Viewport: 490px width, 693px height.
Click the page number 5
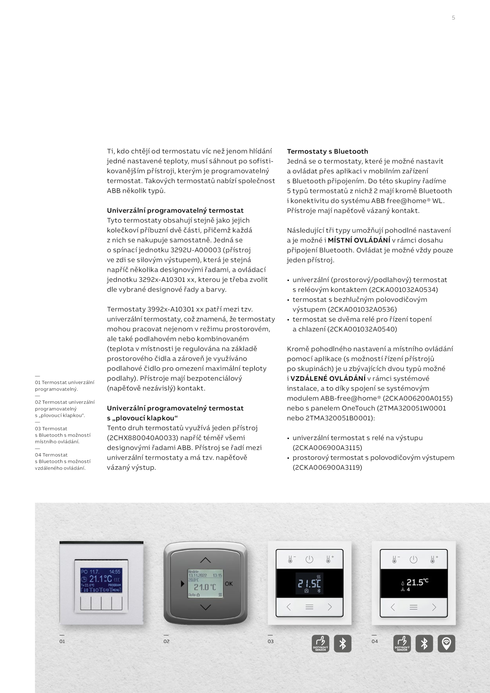pyautogui.click(x=453, y=18)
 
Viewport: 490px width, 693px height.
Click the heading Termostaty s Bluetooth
pyautogui.click(x=327, y=151)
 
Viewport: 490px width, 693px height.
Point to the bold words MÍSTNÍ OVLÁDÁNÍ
pyautogui.click(x=359, y=240)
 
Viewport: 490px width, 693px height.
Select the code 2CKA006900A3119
pyautogui.click(x=327, y=467)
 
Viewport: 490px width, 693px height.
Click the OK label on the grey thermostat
pyautogui.click(x=229, y=584)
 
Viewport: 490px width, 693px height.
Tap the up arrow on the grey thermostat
pyautogui.click(x=205, y=560)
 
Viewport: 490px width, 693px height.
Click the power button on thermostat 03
pyautogui.click(x=309, y=560)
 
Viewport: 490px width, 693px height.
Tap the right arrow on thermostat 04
pyautogui.click(x=434, y=607)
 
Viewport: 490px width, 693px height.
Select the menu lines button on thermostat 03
pyautogui.click(x=309, y=607)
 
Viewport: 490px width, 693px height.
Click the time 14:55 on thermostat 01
pyautogui.click(x=115, y=571)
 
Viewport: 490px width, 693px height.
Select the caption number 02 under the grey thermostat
pyautogui.click(x=166, y=641)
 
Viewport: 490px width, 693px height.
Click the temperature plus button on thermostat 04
pyautogui.click(x=433, y=560)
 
